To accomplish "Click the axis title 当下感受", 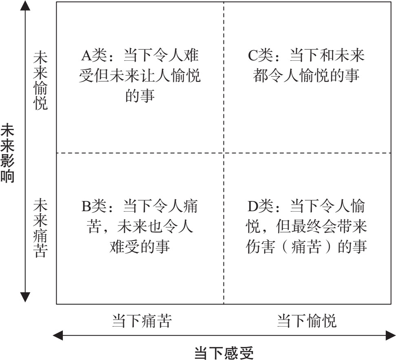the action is point(224,353).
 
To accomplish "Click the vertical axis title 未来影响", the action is point(7,153).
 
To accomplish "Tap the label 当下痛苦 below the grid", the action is point(142,321).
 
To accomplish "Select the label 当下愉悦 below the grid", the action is point(307,321).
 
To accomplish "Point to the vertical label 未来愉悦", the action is point(40,81).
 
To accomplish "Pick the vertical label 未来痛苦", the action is point(40,227).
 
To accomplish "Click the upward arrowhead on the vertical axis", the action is point(25,6).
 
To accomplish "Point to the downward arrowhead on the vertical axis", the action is point(25,297).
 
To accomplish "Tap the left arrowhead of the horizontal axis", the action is point(58,336).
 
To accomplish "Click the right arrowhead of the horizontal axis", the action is point(390,336).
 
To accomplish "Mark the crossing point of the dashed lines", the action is point(224,153).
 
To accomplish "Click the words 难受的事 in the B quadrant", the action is point(139,246).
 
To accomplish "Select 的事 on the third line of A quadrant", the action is point(140,95).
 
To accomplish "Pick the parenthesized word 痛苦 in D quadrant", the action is point(306,246).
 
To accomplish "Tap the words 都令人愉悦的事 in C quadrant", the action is point(306,75).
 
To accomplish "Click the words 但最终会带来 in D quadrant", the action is point(321,226).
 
